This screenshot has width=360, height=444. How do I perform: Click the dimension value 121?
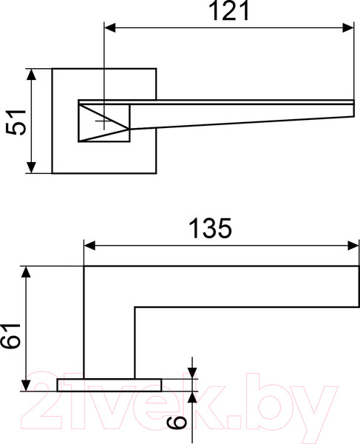(228, 11)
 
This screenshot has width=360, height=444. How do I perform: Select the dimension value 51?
(16, 122)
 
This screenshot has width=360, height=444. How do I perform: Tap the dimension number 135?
(210, 228)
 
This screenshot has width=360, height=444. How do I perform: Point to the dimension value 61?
(10, 336)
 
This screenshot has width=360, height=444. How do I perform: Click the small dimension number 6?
(177, 423)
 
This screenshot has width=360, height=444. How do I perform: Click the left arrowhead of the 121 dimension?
(109, 28)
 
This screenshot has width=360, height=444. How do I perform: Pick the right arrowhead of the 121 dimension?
(348, 28)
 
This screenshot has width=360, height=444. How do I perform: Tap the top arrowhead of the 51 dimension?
(31, 74)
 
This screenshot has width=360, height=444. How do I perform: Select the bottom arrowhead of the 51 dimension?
(31, 167)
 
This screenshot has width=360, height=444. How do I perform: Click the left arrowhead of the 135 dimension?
(89, 246)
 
